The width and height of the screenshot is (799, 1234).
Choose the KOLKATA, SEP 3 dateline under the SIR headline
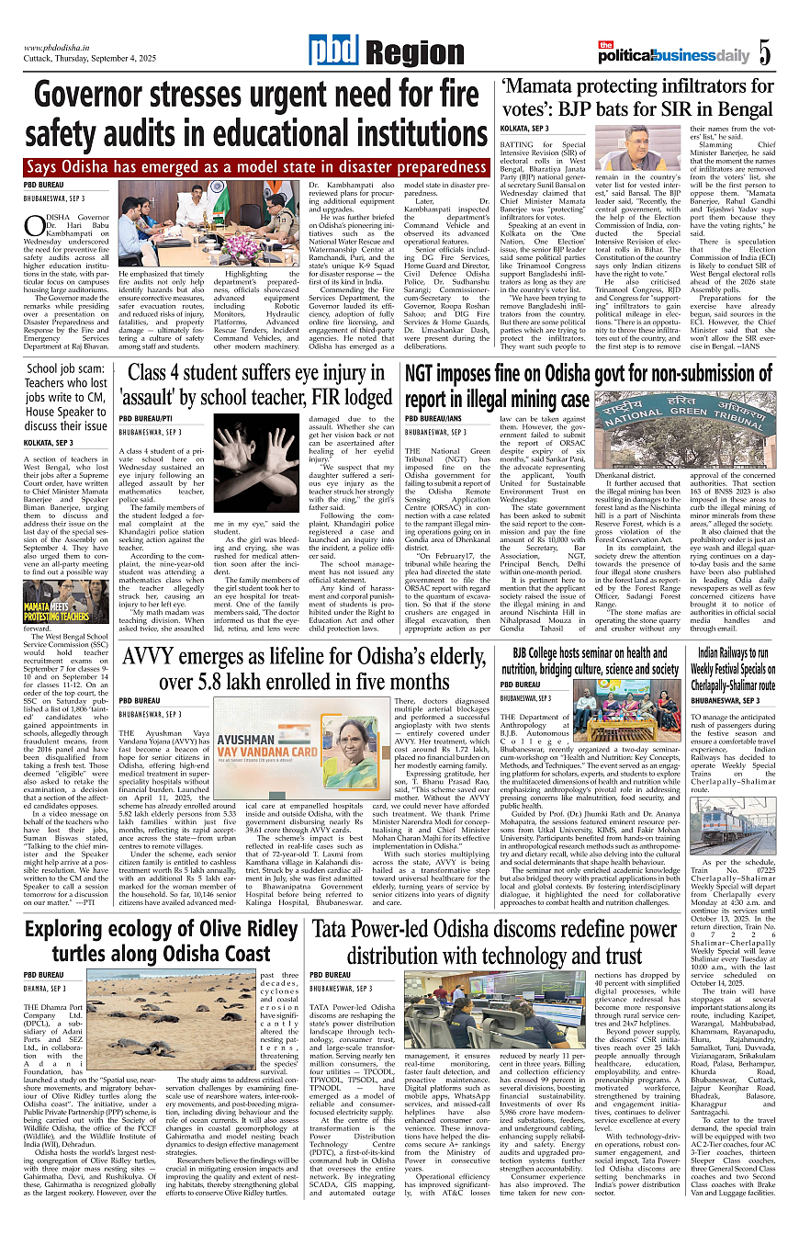pos(523,128)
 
